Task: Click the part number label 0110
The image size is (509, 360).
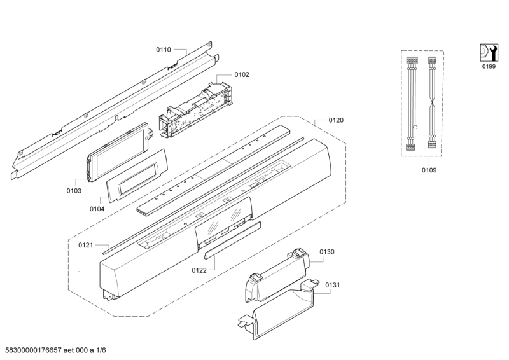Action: [x=164, y=49]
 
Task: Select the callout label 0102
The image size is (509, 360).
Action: [x=242, y=74]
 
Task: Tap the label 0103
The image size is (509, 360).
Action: [x=74, y=190]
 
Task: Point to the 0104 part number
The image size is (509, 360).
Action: [x=97, y=207]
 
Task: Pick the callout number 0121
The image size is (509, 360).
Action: [x=86, y=245]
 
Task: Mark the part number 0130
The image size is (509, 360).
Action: [x=326, y=252]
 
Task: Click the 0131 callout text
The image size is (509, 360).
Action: [x=333, y=286]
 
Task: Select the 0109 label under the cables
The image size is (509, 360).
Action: [x=429, y=170]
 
